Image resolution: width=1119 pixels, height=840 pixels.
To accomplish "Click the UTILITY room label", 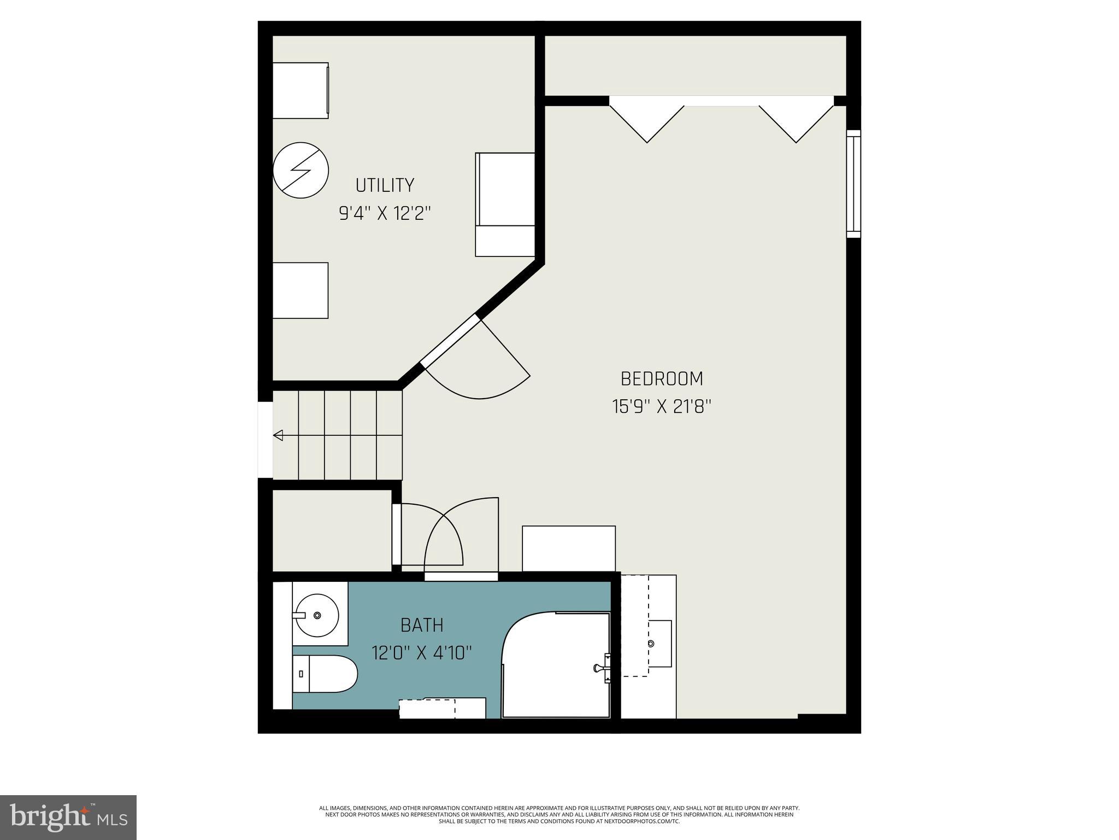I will pyautogui.click(x=385, y=185).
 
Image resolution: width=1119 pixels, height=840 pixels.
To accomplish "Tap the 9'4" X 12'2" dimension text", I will pyautogui.click(x=385, y=213).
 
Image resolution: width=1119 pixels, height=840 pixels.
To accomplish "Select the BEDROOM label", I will pyautogui.click(x=662, y=378).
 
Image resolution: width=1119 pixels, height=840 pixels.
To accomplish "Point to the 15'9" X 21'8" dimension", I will pyautogui.click(x=662, y=407).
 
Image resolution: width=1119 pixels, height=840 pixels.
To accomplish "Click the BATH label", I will pyautogui.click(x=422, y=625).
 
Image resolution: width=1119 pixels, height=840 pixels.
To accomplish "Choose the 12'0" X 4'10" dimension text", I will pyautogui.click(x=422, y=652).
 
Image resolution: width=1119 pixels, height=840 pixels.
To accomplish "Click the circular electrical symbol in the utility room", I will pyautogui.click(x=301, y=170).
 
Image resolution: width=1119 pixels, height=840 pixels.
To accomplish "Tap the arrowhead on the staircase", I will pyautogui.click(x=279, y=435).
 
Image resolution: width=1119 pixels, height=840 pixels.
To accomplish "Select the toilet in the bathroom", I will pyautogui.click(x=325, y=674).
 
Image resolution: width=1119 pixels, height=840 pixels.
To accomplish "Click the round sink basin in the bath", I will pyautogui.click(x=317, y=616).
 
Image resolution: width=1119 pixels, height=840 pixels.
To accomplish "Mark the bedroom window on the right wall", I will pyautogui.click(x=853, y=184).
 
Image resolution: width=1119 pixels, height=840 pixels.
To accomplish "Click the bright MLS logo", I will pyautogui.click(x=68, y=817).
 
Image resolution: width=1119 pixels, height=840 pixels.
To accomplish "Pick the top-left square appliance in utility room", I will pyautogui.click(x=301, y=90).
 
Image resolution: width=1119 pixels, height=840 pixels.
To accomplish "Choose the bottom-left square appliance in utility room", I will pyautogui.click(x=301, y=290).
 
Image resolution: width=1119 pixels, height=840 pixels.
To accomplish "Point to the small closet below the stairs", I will pyautogui.click(x=332, y=530).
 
